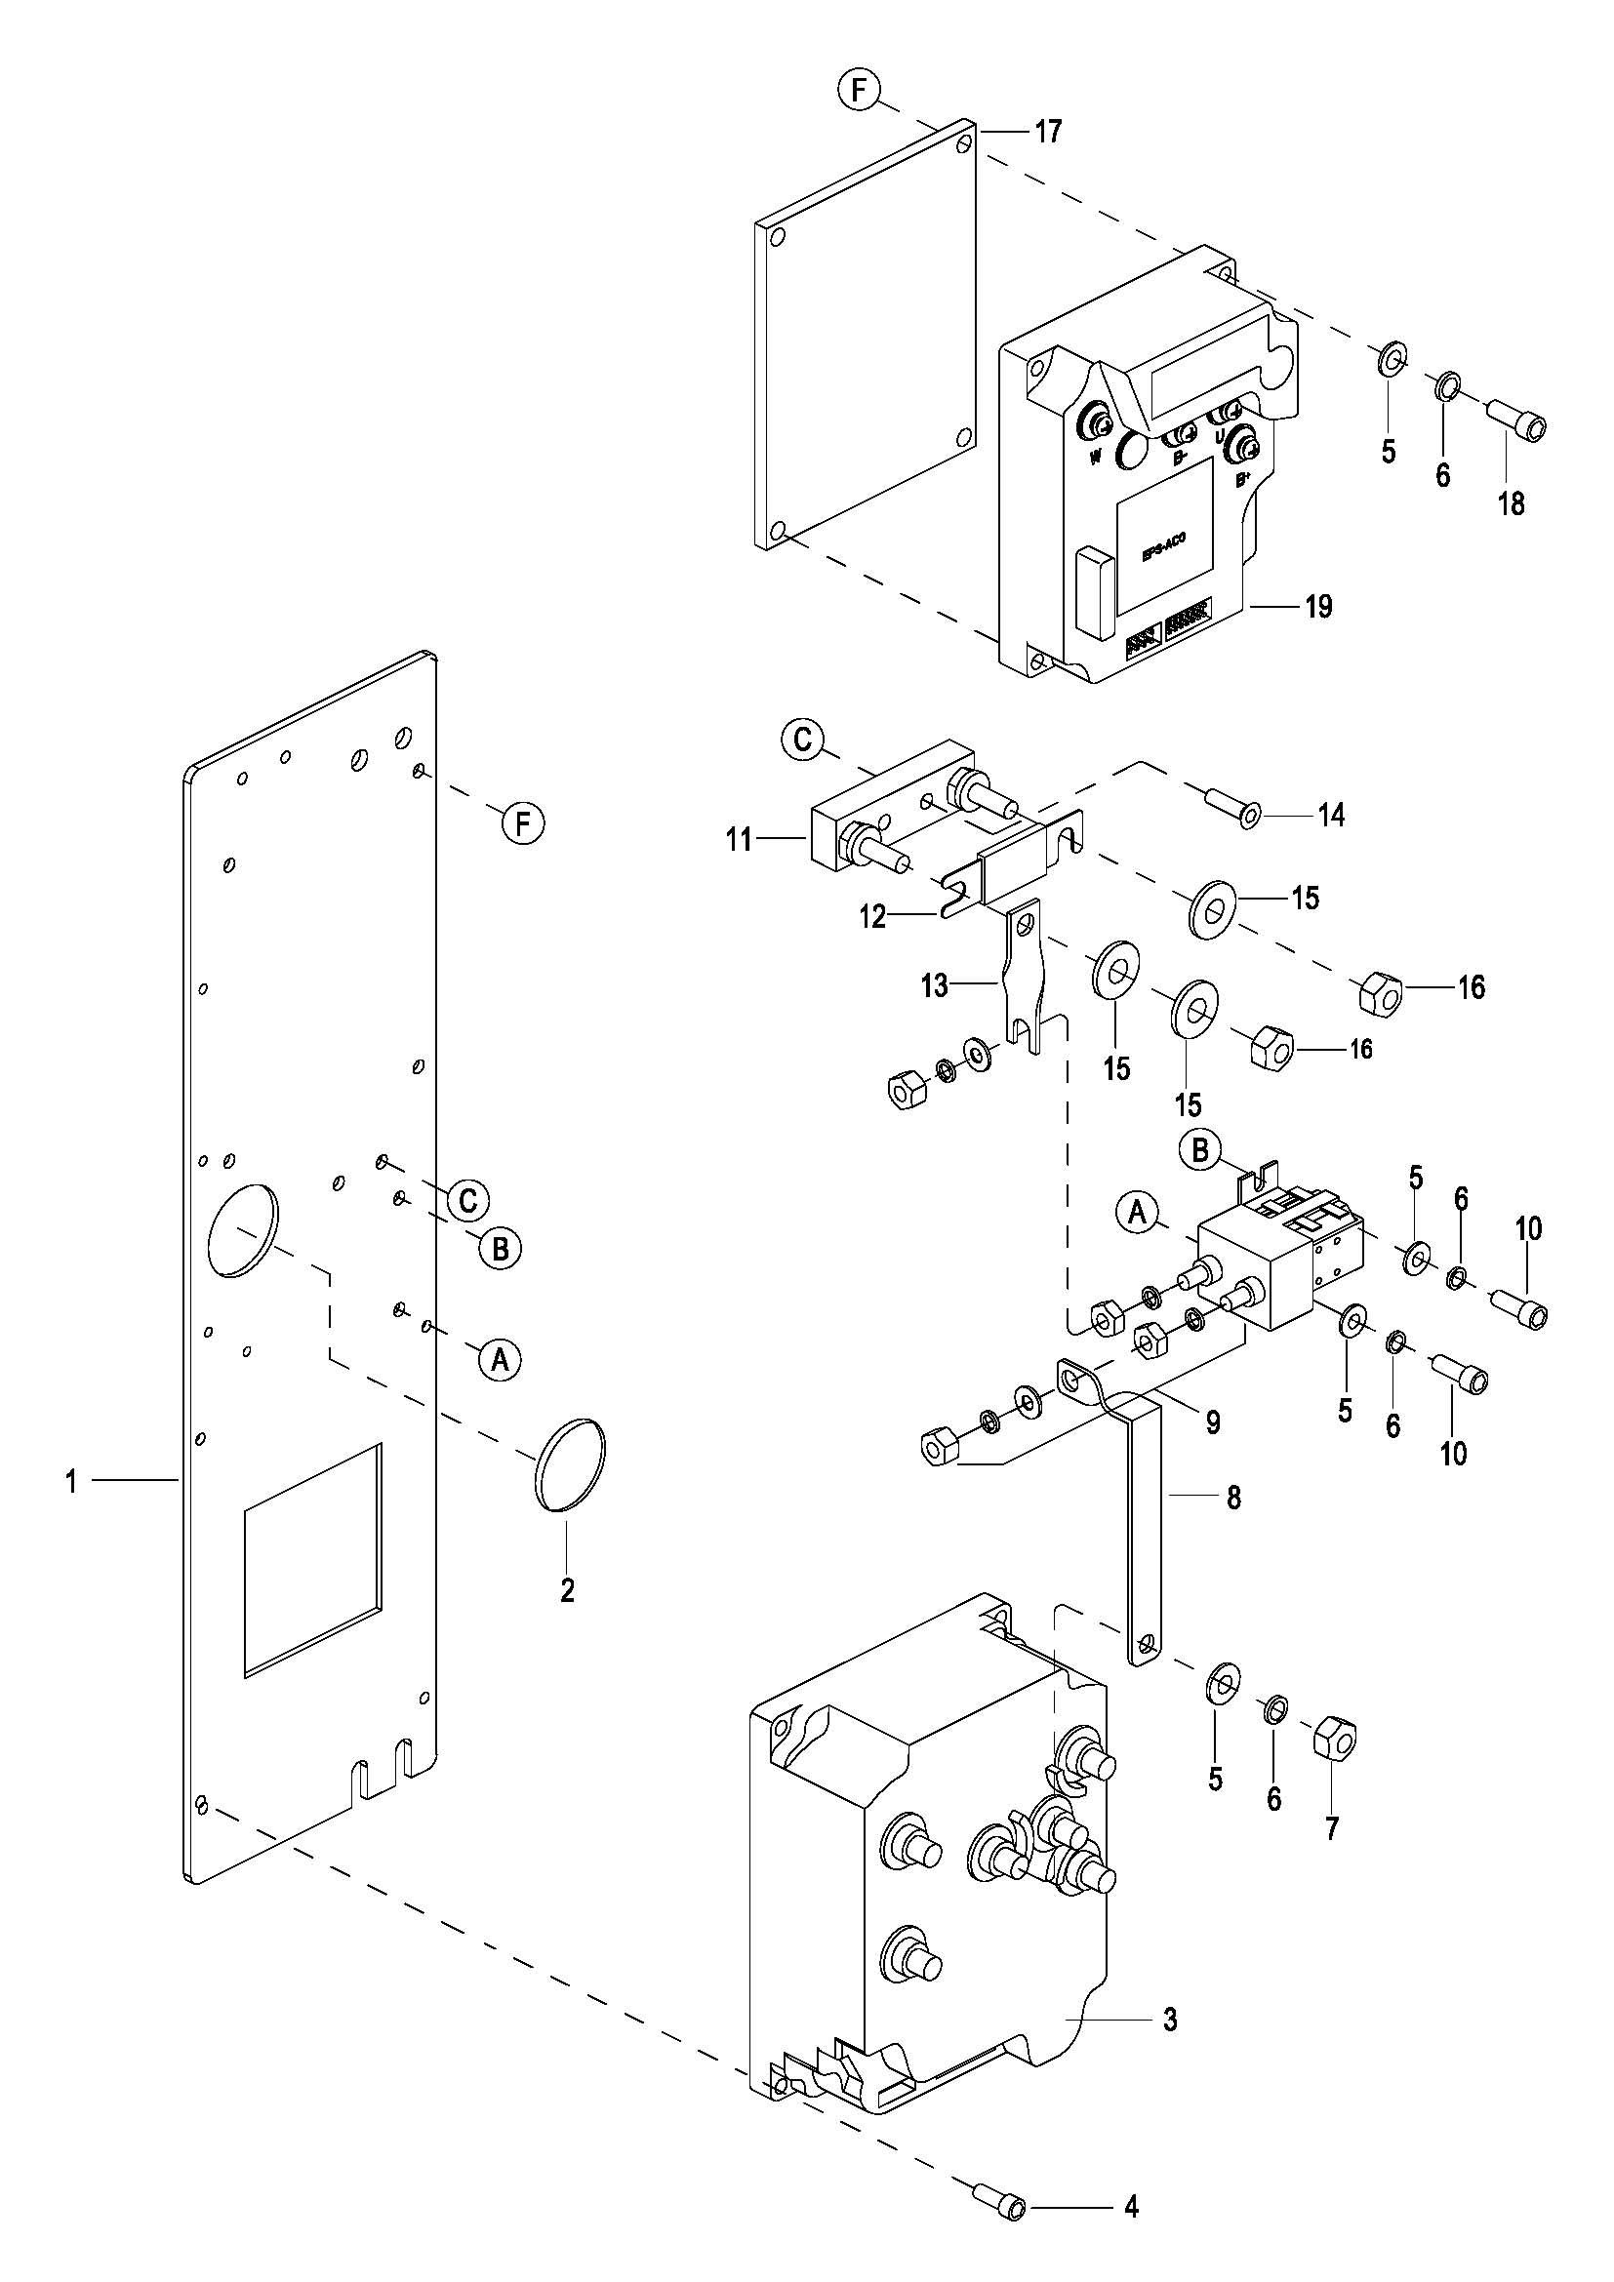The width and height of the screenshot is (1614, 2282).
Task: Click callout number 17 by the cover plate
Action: [x=1048, y=131]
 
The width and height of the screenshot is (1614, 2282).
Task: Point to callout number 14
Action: [x=1331, y=815]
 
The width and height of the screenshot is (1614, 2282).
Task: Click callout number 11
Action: [x=740, y=840]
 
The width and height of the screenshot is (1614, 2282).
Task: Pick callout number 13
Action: [x=934, y=986]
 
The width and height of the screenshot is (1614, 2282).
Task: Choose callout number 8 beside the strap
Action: [x=1233, y=1498]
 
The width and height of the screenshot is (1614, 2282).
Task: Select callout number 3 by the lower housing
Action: [x=1171, y=2020]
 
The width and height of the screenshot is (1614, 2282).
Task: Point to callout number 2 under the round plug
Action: [x=568, y=1590]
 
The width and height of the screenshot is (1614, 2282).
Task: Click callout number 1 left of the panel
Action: [x=71, y=1483]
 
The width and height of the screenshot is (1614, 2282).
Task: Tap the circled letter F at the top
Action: [x=859, y=91]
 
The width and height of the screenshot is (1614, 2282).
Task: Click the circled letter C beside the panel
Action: [x=468, y=1201]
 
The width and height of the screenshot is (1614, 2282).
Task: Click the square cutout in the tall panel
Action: [x=312, y=1559]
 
